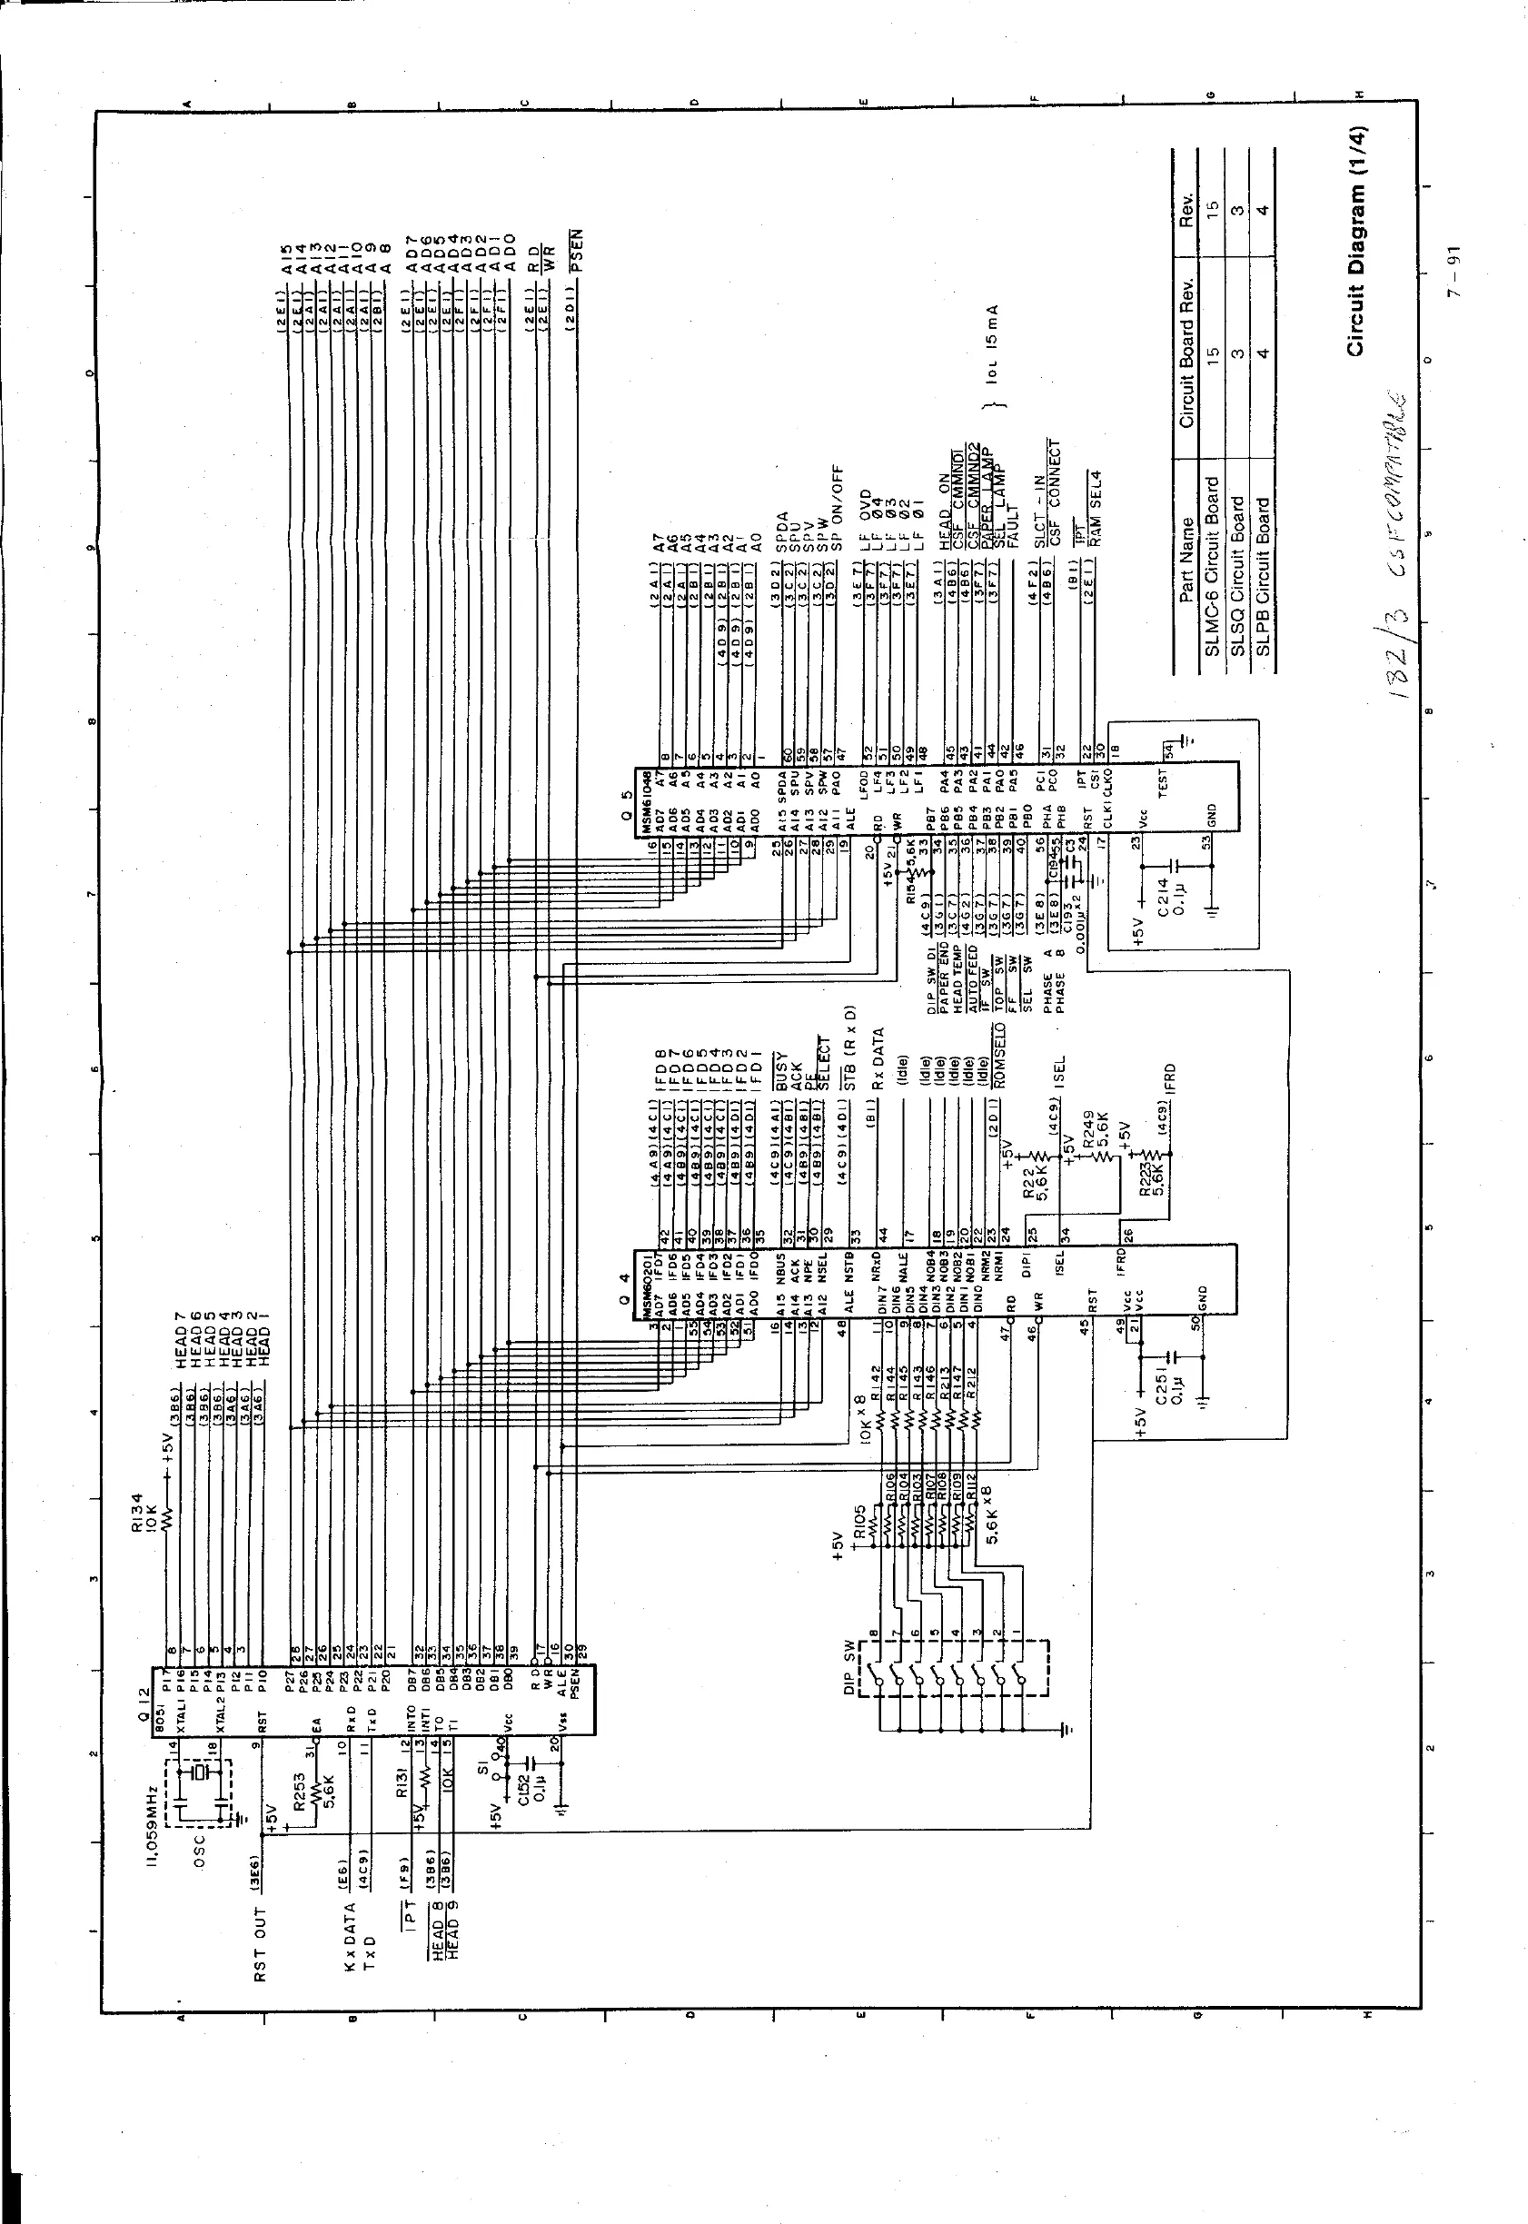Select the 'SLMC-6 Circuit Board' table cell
(1212, 568)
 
